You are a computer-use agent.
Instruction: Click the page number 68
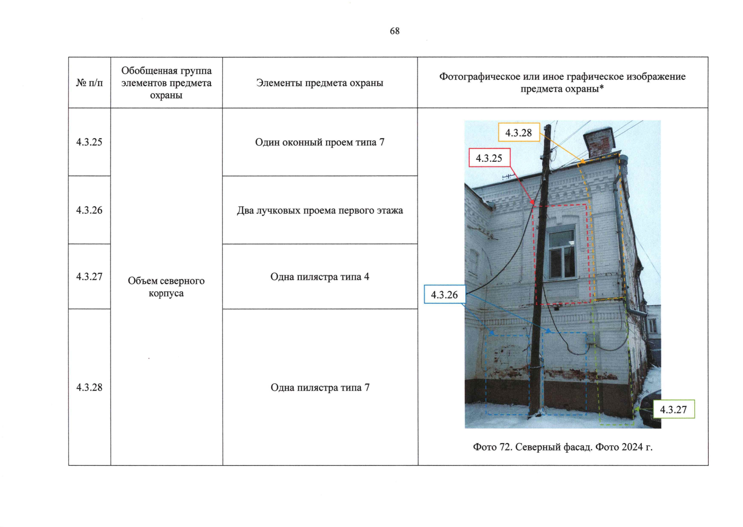point(394,31)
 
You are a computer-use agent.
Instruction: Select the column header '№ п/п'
point(89,83)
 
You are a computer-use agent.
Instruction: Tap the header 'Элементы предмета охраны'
point(319,83)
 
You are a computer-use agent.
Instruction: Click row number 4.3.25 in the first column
point(89,142)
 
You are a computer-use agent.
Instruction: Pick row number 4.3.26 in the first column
point(89,210)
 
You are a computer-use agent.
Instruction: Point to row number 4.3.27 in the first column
point(89,276)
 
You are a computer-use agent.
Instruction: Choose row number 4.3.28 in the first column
point(89,387)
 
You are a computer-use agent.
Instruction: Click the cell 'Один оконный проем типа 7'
point(319,142)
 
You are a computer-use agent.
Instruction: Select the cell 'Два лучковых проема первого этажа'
point(319,210)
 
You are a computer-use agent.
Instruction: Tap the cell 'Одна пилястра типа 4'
point(319,277)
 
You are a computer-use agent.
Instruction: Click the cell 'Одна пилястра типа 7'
point(319,387)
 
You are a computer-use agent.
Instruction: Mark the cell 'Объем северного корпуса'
point(166,287)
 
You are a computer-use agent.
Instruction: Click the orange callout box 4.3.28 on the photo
point(518,133)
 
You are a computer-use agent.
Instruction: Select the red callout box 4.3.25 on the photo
point(489,158)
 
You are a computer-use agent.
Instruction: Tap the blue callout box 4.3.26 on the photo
point(444,295)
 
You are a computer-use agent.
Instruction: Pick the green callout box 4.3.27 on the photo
point(673,409)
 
